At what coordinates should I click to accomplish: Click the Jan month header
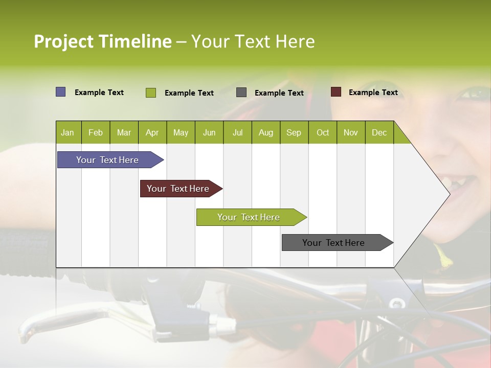tap(68, 133)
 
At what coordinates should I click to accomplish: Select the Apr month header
tap(152, 133)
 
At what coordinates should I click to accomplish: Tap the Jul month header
tap(237, 133)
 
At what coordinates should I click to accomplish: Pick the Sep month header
tap(294, 133)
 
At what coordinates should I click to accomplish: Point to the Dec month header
tap(379, 133)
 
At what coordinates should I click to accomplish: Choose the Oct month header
tap(323, 133)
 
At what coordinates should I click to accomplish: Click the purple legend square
tap(60, 92)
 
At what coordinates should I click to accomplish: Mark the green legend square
tap(150, 93)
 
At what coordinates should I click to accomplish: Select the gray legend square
tap(241, 93)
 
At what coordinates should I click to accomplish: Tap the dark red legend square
tap(336, 92)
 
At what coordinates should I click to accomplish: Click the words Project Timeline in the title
tap(102, 41)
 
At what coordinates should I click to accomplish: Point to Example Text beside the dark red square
tap(373, 93)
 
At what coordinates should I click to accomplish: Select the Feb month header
tap(96, 133)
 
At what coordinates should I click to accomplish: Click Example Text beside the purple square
tap(99, 93)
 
